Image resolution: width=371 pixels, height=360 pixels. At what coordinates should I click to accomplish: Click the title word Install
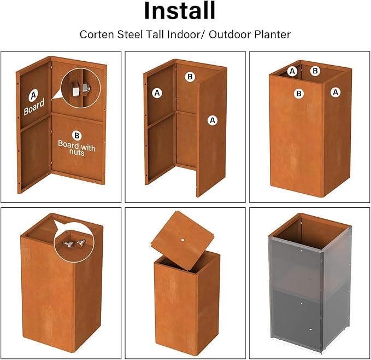coord(180,11)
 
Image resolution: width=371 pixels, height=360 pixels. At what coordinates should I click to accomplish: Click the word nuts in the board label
coord(76,153)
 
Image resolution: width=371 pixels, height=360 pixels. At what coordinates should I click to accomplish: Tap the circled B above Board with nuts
coord(76,135)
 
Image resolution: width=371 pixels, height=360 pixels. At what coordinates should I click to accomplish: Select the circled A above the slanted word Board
coord(33,95)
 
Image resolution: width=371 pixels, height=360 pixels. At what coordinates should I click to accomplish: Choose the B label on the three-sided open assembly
coord(190,77)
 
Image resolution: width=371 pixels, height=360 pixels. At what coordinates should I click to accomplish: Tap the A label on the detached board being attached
coord(213,119)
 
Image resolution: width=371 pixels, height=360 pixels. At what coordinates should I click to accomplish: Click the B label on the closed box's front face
coord(299,94)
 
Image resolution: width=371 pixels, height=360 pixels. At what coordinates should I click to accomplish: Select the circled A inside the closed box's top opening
coord(292,71)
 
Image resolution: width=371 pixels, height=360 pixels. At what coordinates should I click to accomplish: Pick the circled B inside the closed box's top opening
coord(315,71)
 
